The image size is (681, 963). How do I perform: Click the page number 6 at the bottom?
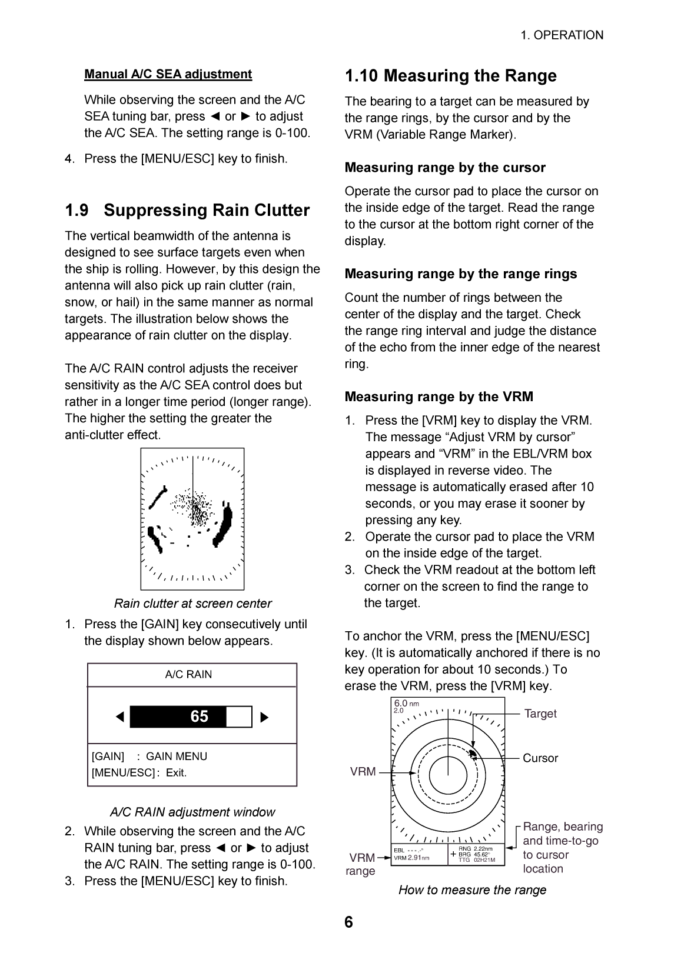348,922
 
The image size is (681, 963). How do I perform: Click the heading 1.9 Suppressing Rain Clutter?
187,211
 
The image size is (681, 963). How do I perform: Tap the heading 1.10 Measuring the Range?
450,76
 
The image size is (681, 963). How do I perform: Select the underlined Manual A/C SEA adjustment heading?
168,74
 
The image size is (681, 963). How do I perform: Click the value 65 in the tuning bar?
199,717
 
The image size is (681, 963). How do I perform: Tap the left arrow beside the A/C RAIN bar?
120,717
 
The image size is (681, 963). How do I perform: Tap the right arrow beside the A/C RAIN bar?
264,717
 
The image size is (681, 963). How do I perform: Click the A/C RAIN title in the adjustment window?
188,675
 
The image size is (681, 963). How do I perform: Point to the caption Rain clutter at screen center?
192,604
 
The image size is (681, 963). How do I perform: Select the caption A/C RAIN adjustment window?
192,812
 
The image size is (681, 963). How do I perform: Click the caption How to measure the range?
472,890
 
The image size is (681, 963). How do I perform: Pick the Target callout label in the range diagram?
540,714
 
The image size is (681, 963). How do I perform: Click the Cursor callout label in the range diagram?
540,758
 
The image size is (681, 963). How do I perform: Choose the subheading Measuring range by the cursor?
445,168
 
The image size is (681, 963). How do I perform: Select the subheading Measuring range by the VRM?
439,397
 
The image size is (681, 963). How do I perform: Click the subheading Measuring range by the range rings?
461,274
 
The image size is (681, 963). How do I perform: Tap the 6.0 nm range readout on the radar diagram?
406,704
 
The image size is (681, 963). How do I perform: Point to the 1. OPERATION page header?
562,35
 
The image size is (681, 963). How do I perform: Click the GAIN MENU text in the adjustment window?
177,757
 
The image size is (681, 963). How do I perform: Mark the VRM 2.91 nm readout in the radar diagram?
411,858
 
